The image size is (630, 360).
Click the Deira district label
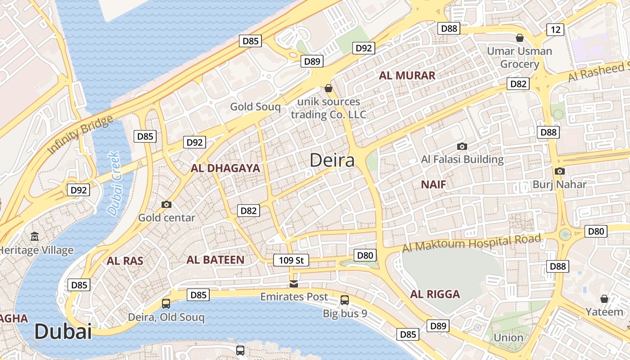332,160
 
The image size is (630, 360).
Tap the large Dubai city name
63,332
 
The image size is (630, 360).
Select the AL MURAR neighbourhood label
407,76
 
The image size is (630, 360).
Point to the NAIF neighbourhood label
433,184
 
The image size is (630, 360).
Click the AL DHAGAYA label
225,169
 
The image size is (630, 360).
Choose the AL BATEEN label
216,260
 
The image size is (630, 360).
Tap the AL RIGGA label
435,294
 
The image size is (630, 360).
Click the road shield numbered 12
555,30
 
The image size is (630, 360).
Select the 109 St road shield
291,260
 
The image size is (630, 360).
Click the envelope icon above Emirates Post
294,284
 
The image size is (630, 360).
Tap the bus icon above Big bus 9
345,300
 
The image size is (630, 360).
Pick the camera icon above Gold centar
166,205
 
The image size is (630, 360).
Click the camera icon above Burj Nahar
559,171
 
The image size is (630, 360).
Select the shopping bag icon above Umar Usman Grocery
520,38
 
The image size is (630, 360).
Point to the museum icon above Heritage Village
35,237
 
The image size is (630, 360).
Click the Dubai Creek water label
114,183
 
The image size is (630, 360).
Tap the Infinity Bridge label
81,135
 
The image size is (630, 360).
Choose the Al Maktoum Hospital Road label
471,243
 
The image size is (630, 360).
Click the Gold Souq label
255,107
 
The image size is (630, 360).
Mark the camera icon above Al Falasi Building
462,146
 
